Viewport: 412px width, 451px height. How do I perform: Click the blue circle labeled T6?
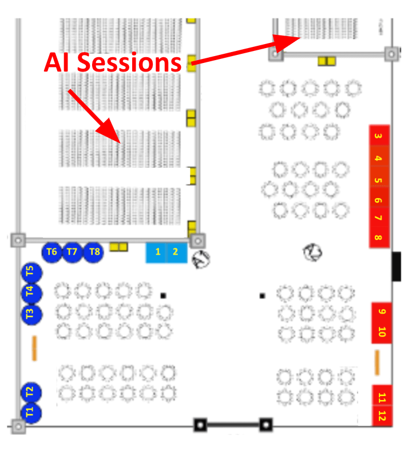click(x=51, y=251)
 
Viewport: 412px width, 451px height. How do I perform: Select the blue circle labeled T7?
click(x=72, y=251)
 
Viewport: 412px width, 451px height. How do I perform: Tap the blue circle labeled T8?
click(x=93, y=251)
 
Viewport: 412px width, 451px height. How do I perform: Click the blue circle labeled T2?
click(x=30, y=393)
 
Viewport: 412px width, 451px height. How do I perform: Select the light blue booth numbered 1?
click(x=156, y=252)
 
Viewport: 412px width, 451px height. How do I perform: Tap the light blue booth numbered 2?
click(x=176, y=252)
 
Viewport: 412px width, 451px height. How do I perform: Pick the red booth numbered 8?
click(x=379, y=237)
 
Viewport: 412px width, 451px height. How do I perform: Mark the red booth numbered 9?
click(x=382, y=312)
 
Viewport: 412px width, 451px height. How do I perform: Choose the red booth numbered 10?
click(x=382, y=331)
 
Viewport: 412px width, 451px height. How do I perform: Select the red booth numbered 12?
click(x=382, y=416)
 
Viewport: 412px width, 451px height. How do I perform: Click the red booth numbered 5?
click(x=379, y=180)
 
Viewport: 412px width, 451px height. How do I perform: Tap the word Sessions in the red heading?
click(x=131, y=62)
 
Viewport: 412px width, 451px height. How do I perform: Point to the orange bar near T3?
click(x=34, y=348)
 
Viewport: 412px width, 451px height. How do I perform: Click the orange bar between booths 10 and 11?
click(x=377, y=362)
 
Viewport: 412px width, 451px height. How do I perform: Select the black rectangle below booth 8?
click(x=396, y=266)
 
